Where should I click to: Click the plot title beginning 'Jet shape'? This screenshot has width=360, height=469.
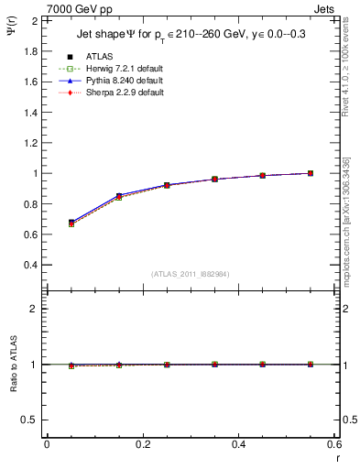(190, 36)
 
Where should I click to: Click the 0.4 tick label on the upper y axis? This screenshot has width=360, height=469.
(31, 265)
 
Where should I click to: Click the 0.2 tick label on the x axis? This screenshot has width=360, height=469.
(143, 443)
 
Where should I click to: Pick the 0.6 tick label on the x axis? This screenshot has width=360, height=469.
(334, 443)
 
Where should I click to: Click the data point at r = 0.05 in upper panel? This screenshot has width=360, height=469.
(71, 223)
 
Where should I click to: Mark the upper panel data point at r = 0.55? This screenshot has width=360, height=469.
(311, 173)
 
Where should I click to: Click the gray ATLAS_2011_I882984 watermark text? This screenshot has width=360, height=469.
(190, 273)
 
